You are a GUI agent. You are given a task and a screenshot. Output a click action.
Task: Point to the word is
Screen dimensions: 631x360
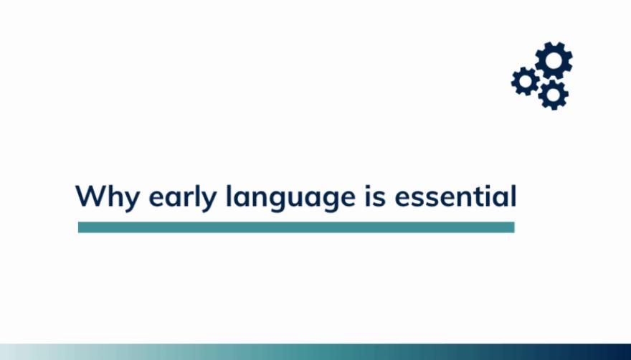coord(376,196)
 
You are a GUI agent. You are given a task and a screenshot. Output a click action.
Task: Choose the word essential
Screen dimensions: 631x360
coord(455,196)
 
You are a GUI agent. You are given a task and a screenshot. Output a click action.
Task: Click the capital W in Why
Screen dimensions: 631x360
coord(91,196)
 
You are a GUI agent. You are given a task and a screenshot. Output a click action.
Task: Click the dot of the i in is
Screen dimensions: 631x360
coord(368,186)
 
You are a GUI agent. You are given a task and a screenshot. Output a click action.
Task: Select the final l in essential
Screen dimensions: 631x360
coord(513,196)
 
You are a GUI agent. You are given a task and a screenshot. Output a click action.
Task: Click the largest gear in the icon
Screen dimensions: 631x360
coord(554,60)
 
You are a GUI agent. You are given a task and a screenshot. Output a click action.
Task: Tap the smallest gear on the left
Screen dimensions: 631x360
coord(526,81)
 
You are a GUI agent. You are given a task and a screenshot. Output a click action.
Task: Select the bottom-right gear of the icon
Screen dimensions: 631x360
coord(554,95)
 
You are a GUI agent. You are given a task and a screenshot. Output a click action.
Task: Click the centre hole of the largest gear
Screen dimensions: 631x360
coord(554,60)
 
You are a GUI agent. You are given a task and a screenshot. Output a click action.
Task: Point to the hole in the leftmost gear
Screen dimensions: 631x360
coord(526,81)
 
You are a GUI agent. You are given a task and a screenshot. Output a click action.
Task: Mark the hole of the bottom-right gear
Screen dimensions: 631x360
coord(554,95)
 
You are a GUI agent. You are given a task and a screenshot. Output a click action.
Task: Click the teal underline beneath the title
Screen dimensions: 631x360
coord(296,227)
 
